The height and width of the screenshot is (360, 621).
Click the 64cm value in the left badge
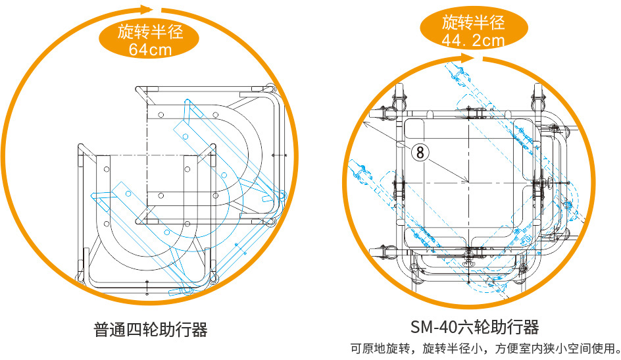(x=150, y=50)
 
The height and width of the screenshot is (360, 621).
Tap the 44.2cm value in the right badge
(x=473, y=41)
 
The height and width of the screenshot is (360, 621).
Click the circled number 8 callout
(x=421, y=152)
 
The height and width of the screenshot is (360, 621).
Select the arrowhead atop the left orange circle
(x=147, y=9)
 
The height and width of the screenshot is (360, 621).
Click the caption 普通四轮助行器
(x=151, y=329)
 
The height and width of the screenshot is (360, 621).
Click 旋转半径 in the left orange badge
(x=150, y=31)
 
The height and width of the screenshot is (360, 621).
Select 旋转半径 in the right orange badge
(x=473, y=22)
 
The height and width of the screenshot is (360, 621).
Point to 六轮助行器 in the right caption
(x=497, y=327)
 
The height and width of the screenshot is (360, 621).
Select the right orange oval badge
(x=473, y=31)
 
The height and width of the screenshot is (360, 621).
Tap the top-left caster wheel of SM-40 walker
(x=398, y=99)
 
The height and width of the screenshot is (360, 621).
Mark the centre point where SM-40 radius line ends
(x=467, y=182)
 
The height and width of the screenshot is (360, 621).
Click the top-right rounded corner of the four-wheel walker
(x=270, y=90)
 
